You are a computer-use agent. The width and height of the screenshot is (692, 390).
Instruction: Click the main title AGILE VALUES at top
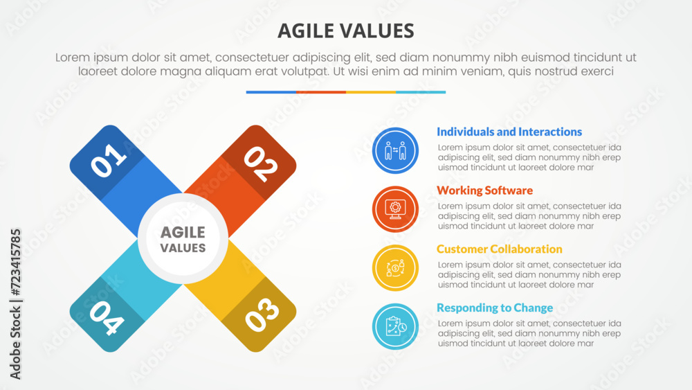[345, 31]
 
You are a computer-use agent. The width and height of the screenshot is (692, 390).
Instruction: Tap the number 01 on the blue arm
[108, 161]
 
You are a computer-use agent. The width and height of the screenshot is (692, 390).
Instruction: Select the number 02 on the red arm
[262, 164]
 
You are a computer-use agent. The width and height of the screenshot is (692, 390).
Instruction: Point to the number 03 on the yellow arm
[262, 315]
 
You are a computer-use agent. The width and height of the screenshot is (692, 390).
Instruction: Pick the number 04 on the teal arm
[107, 318]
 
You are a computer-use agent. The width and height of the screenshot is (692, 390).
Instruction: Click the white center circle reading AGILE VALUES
[183, 239]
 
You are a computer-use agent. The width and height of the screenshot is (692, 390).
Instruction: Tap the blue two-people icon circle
[395, 150]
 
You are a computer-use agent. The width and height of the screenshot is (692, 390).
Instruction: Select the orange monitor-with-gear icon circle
[395, 209]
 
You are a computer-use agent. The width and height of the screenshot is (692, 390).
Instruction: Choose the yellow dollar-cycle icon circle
[395, 267]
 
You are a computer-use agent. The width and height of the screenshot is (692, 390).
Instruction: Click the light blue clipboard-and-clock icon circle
[395, 326]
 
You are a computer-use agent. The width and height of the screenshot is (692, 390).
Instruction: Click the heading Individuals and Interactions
[509, 132]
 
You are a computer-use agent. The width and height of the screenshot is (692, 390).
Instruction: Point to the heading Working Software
[484, 190]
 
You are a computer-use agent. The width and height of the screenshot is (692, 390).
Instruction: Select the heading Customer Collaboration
[499, 249]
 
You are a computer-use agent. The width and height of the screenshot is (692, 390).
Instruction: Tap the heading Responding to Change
[495, 308]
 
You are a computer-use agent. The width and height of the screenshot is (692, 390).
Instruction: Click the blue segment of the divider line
[271, 92]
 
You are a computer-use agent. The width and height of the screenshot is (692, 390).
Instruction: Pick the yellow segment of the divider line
[371, 92]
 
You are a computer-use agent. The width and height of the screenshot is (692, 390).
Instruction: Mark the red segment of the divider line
[321, 92]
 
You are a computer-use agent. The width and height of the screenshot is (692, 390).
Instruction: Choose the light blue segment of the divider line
[421, 92]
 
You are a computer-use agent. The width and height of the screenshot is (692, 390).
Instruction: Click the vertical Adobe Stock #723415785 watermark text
[15, 304]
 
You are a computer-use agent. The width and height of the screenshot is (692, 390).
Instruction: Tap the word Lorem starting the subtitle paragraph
[73, 57]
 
